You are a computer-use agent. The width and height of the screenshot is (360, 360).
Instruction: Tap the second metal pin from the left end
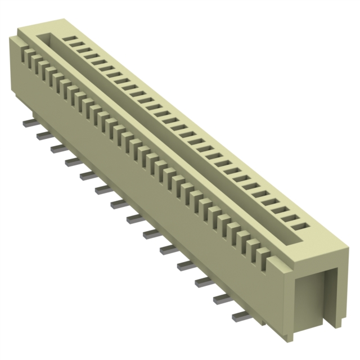click(x=42, y=135)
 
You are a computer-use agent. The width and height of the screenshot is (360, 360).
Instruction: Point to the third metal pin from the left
click(x=57, y=148)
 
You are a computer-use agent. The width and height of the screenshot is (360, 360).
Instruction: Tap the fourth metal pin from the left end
click(x=71, y=162)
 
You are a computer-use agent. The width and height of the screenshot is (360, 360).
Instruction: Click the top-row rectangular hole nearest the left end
click(x=69, y=39)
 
